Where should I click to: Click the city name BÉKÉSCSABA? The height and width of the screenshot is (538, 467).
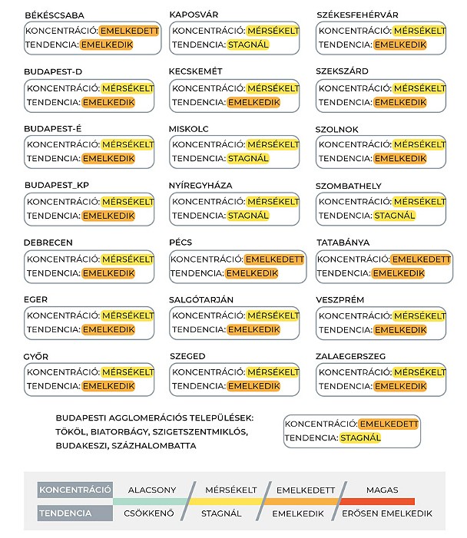[x=55, y=15]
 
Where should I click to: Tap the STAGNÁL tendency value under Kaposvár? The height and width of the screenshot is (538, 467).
[x=248, y=45]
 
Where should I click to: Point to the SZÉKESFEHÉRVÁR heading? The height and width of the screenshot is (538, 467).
[x=358, y=15]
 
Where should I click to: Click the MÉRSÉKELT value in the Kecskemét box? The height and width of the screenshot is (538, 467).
[x=273, y=88]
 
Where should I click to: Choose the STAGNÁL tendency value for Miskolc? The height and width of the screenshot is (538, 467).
[x=248, y=159]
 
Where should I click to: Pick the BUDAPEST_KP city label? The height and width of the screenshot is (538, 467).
[x=56, y=186]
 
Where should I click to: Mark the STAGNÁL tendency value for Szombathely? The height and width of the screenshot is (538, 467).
[x=395, y=216]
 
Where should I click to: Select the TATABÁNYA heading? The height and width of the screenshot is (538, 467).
[x=343, y=243]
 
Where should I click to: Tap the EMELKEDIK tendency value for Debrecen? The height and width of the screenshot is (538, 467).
[x=108, y=272]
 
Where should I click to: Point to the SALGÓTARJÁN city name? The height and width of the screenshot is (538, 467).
[x=201, y=299]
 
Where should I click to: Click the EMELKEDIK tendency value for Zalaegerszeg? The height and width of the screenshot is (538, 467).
[x=400, y=386]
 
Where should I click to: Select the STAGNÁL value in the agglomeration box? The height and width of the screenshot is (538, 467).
[x=360, y=438]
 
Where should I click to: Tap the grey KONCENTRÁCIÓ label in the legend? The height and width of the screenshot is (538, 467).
[x=75, y=490]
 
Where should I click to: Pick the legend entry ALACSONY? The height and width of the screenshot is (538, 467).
[x=152, y=490]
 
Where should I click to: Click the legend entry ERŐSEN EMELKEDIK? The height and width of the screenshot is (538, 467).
[x=386, y=513]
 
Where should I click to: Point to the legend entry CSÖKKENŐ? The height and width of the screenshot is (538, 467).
[x=148, y=513]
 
